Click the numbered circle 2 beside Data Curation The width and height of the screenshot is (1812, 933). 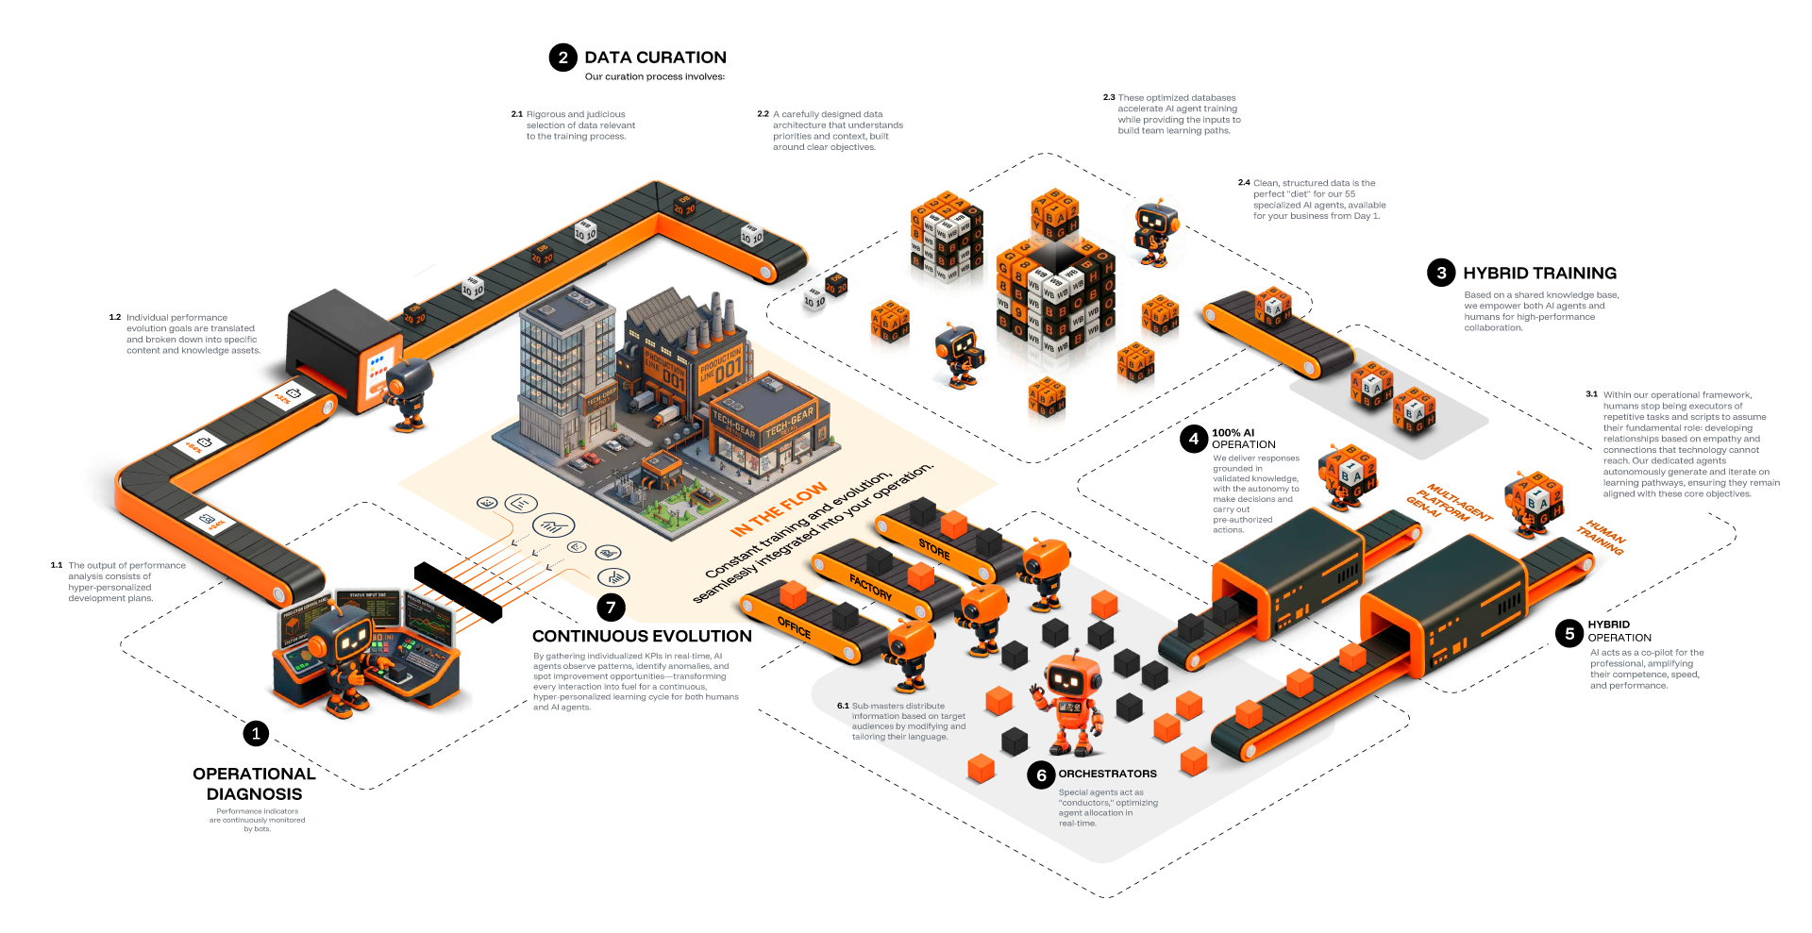pyautogui.click(x=562, y=58)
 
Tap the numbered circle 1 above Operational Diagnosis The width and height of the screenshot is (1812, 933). pyautogui.click(x=255, y=733)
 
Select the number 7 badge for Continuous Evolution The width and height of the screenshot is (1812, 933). pyautogui.click(x=611, y=608)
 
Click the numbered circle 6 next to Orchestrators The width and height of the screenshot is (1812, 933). pyautogui.click(x=1041, y=775)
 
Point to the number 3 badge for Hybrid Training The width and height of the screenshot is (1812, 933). pyautogui.click(x=1441, y=274)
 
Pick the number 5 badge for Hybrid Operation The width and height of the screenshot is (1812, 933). pyautogui.click(x=1569, y=634)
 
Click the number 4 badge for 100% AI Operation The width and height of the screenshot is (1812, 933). pyautogui.click(x=1194, y=439)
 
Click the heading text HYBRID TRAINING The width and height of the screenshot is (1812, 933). pyautogui.click(x=1539, y=274)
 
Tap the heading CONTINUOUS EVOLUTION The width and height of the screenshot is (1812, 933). pyautogui.click(x=642, y=637)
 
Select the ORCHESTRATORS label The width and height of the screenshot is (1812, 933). pyautogui.click(x=1107, y=774)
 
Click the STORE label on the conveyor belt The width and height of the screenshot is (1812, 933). pyautogui.click(x=934, y=549)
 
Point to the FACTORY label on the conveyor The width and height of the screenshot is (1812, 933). pyautogui.click(x=870, y=588)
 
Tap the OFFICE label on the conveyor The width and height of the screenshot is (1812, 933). pyautogui.click(x=794, y=627)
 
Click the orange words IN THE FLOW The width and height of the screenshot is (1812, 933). pyautogui.click(x=779, y=510)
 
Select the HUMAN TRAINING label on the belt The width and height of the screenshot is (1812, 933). pyautogui.click(x=1602, y=537)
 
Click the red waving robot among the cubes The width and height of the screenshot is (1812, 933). pyautogui.click(x=1073, y=703)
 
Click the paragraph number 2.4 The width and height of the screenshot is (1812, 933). pyautogui.click(x=1244, y=183)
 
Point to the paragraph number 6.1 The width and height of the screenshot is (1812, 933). pyautogui.click(x=843, y=706)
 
